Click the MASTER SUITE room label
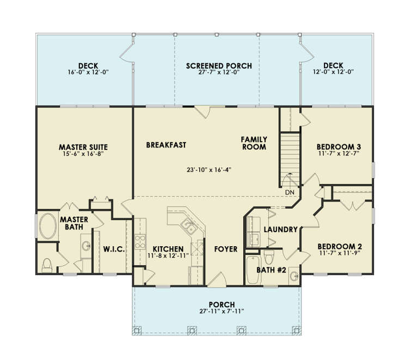83,147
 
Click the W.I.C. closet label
114,249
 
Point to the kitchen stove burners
139,241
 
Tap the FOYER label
225,249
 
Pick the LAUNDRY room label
280,229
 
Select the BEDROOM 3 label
339,147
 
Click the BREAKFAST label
166,145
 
